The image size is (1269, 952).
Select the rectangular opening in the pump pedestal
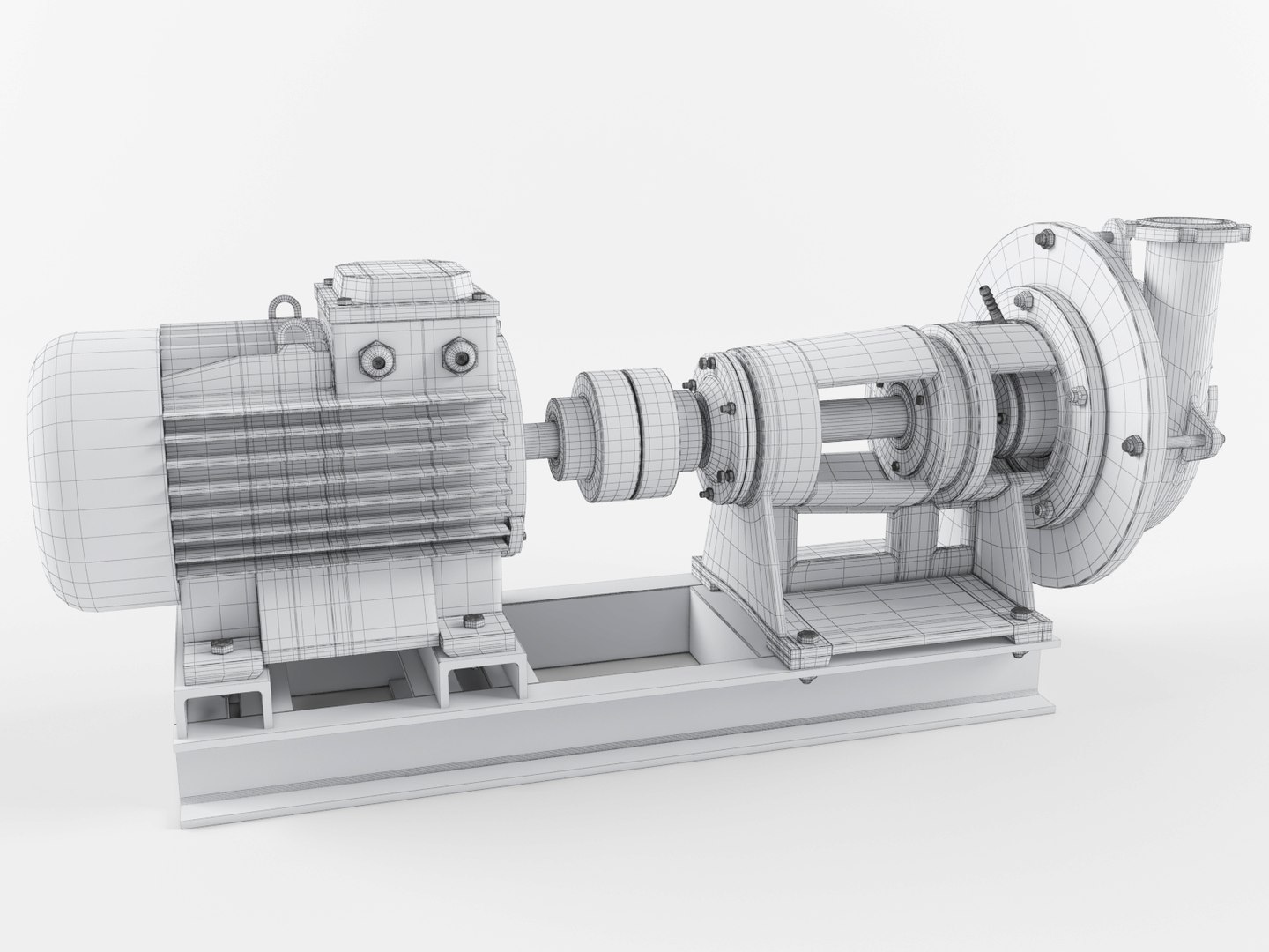(x=842, y=538)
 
